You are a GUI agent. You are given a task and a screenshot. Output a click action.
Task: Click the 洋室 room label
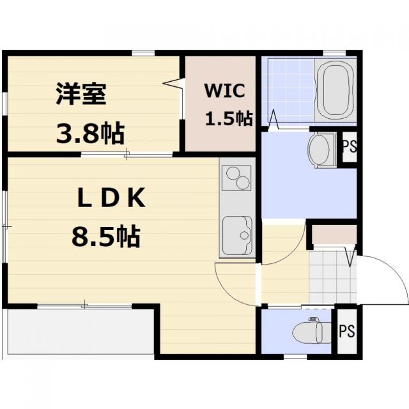(x=80, y=95)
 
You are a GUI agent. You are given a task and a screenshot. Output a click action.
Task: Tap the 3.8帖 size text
(x=89, y=134)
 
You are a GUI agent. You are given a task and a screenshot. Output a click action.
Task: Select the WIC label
(x=224, y=91)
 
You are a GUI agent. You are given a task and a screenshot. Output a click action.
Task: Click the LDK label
(x=112, y=199)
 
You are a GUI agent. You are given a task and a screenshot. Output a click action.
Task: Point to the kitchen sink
(x=237, y=231)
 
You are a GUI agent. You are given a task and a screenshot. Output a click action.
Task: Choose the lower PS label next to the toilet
(x=346, y=331)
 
